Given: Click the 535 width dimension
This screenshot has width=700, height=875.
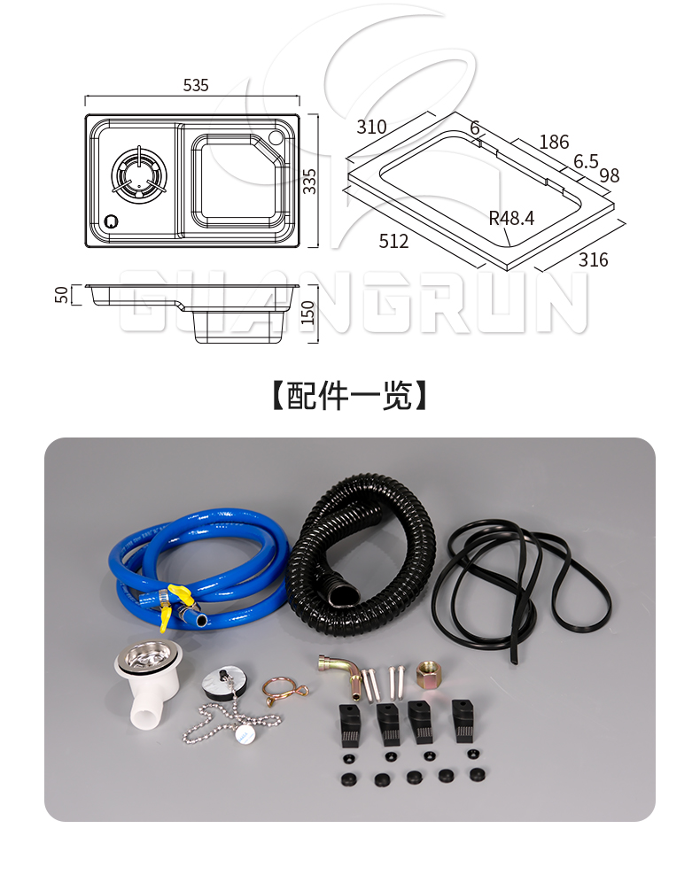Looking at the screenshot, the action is [x=195, y=85].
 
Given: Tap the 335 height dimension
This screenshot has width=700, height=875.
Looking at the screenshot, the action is [x=308, y=182].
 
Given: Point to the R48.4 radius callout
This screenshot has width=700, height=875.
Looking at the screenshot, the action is [x=511, y=218].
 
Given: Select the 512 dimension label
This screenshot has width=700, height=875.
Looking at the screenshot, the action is [x=393, y=241].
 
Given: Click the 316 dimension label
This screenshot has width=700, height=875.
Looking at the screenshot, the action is [x=593, y=259].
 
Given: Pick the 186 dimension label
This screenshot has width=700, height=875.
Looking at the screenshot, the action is [x=554, y=142].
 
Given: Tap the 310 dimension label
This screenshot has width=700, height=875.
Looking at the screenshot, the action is [x=371, y=127].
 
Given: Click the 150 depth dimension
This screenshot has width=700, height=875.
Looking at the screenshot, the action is [x=307, y=313].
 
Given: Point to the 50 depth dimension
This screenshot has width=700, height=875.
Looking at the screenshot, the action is [x=61, y=295].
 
